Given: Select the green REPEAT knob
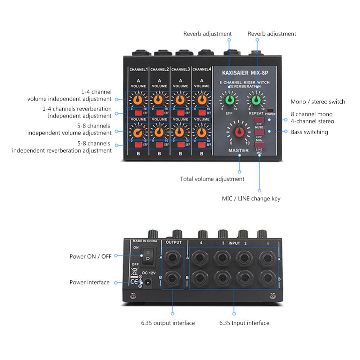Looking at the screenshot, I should pyautogui.click(x=256, y=99).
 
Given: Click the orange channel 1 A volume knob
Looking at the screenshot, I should pyautogui.click(x=138, y=99).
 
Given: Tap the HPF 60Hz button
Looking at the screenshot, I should pyautogui.click(x=259, y=132).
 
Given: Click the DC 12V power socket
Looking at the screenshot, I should pyautogui.click(x=147, y=283).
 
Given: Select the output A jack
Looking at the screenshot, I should pyautogui.click(x=172, y=258).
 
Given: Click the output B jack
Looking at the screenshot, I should pyautogui.click(x=172, y=278).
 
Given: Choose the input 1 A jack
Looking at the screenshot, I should pyautogui.click(x=267, y=258).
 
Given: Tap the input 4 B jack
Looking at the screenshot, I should pyautogui.click(x=199, y=278).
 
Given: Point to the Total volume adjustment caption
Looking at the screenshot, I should pyautogui.click(x=212, y=179).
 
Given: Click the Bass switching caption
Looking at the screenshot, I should pyautogui.click(x=309, y=132).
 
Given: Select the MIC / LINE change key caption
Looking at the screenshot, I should pyautogui.click(x=251, y=198).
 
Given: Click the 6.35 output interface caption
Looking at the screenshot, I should pyautogui.click(x=168, y=323).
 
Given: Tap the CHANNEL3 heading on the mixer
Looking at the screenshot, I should pyautogui.click(x=180, y=69).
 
